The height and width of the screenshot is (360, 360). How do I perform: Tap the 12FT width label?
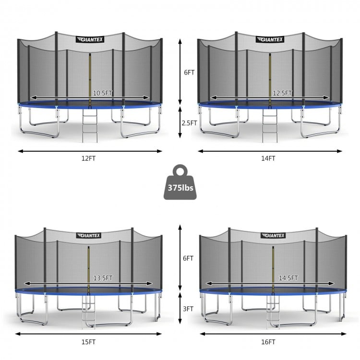point(88,158)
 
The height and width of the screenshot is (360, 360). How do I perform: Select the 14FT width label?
point(268,158)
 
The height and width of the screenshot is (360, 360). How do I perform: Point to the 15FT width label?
point(88,342)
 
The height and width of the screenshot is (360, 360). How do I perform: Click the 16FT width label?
point(268,342)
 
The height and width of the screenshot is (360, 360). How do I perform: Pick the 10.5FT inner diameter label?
point(103,93)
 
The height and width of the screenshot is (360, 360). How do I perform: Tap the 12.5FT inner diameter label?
point(282,93)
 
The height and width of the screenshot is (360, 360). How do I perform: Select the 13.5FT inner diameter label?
point(103,278)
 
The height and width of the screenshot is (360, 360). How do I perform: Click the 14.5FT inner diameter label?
point(288,278)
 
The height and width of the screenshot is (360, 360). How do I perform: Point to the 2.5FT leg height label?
point(190,123)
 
